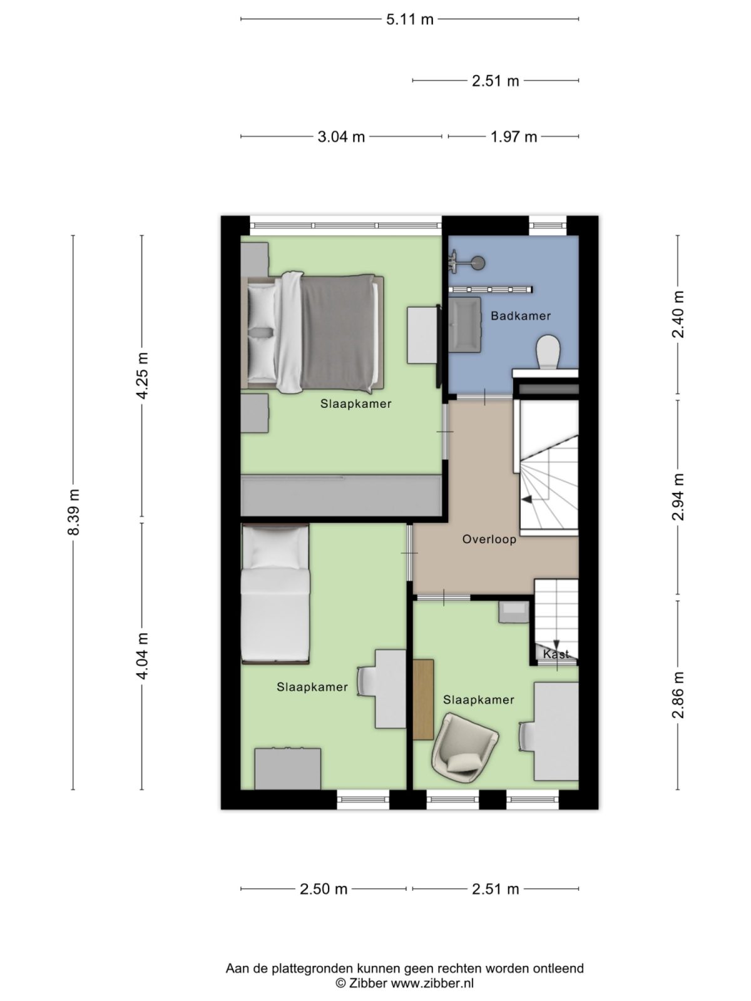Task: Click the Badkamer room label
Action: coord(520,316)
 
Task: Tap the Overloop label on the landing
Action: coord(489,539)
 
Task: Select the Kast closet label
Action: coord(556,654)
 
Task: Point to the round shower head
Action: coord(479,263)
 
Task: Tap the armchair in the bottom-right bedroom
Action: coord(464,748)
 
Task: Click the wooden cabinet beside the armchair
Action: coord(424,699)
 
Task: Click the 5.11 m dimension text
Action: coord(409,19)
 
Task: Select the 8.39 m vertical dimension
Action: coord(73,512)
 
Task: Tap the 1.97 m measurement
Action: coord(513,136)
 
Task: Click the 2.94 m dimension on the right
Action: coord(678,497)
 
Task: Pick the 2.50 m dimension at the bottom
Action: coord(323,889)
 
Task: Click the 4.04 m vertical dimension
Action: coord(142,656)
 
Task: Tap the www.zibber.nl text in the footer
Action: coord(432,983)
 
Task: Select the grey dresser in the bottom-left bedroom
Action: coord(287,768)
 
